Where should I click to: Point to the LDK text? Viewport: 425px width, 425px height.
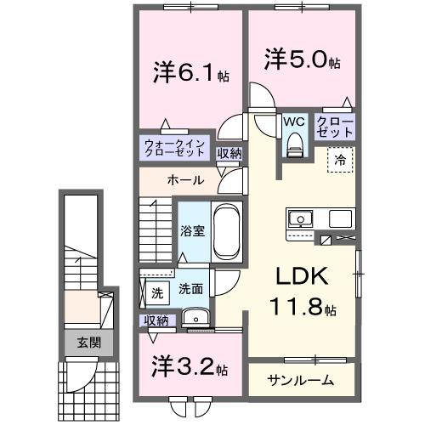click(x=298, y=280)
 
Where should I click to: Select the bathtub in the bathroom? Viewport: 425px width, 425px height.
click(x=226, y=229)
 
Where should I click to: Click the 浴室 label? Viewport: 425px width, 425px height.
click(x=191, y=230)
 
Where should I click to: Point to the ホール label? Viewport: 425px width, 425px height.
click(x=184, y=180)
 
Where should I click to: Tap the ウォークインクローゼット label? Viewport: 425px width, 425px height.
click(x=175, y=148)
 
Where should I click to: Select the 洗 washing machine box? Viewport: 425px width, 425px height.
click(x=156, y=293)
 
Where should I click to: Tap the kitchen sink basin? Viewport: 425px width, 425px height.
click(x=300, y=218)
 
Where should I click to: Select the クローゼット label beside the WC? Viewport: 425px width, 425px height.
click(x=334, y=127)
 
